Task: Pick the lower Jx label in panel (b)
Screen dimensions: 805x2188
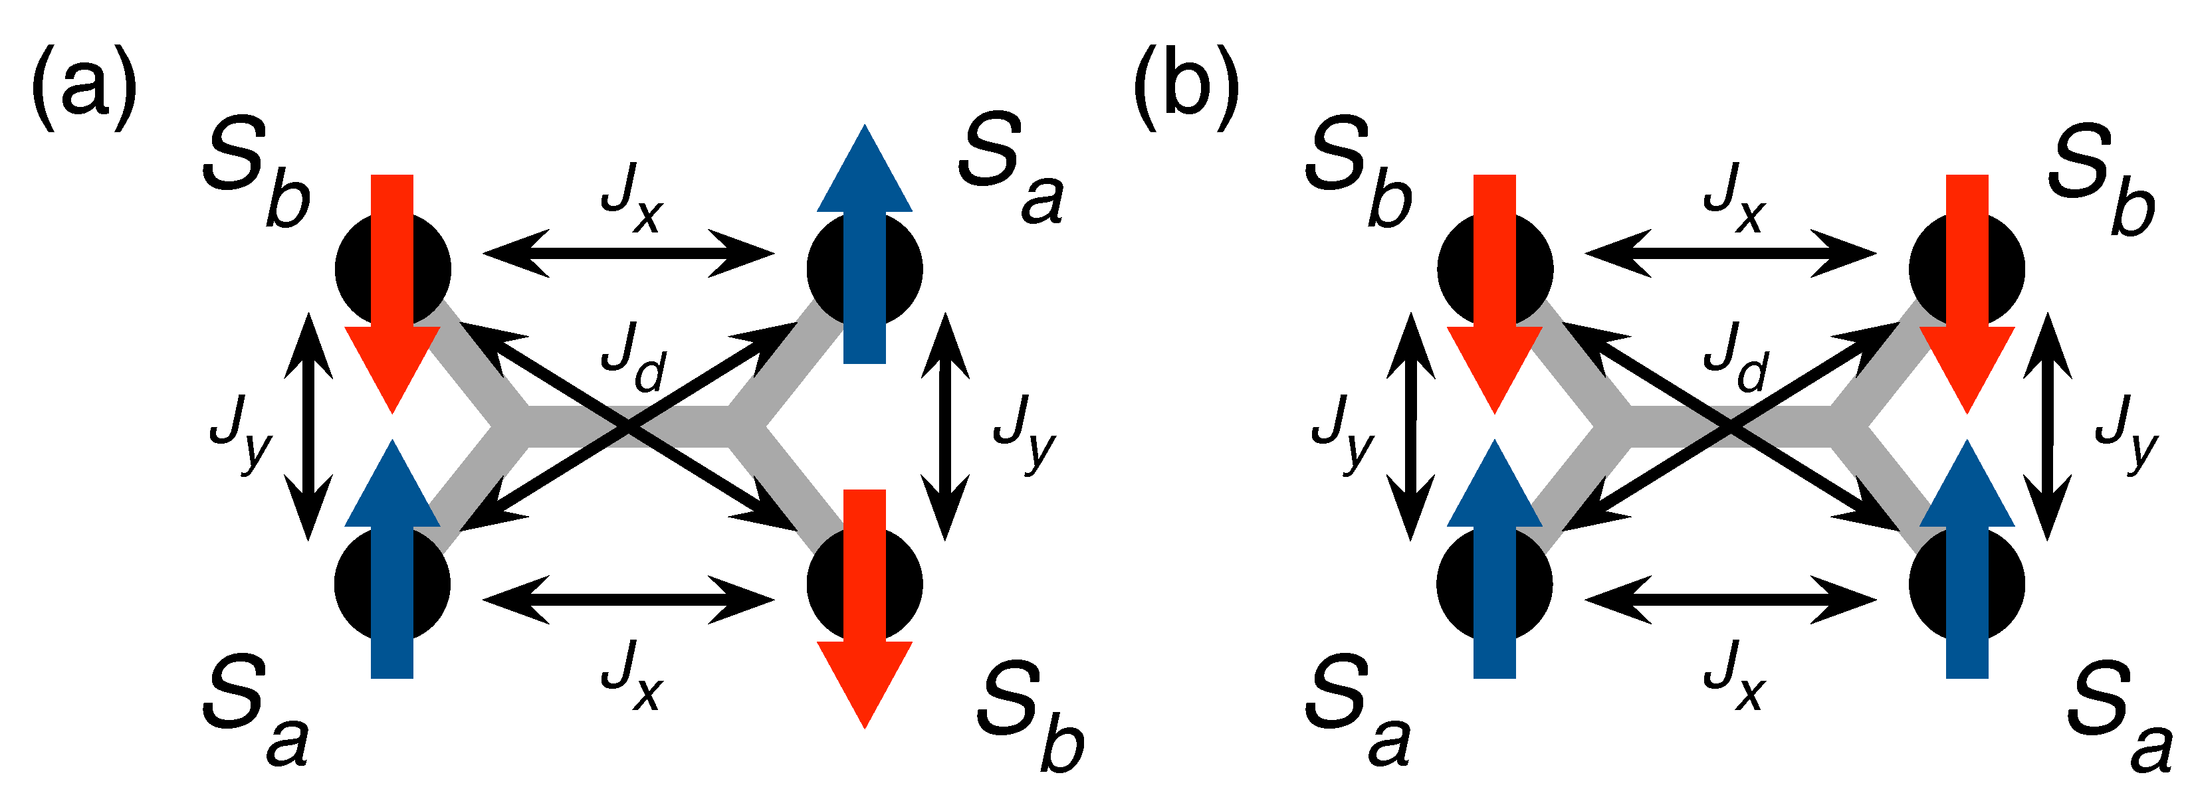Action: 1735,675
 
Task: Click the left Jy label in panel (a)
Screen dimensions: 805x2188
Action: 241,431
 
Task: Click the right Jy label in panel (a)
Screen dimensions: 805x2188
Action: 1024,431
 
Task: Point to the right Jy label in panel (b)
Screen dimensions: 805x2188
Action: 2127,431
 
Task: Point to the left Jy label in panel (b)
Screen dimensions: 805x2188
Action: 1343,431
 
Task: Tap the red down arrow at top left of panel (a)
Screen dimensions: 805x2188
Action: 392,293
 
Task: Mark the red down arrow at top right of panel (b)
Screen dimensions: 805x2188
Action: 1967,293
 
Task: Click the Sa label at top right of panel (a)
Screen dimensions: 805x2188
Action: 1011,175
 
